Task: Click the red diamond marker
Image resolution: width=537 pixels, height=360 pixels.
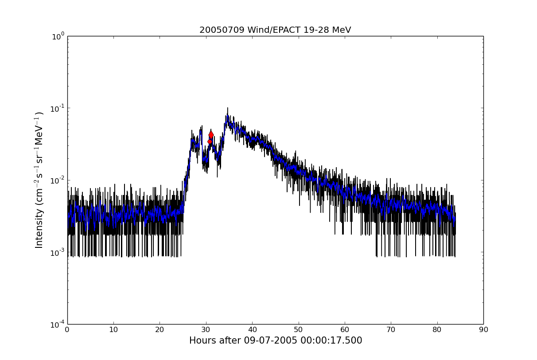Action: (211, 134)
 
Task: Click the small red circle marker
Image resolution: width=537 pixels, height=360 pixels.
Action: (210, 141)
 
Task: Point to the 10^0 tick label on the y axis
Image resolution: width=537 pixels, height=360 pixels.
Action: (59, 36)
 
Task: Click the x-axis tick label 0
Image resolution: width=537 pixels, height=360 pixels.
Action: (67, 330)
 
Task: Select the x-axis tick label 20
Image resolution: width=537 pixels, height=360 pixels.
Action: (160, 330)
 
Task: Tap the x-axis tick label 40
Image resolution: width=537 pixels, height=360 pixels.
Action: (252, 330)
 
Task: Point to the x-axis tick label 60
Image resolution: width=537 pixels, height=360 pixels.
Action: (345, 330)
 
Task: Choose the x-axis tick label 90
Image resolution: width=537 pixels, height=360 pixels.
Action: (483, 330)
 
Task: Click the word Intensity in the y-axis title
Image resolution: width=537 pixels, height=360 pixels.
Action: (39, 228)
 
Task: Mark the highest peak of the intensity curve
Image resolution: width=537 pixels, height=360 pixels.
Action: (228, 108)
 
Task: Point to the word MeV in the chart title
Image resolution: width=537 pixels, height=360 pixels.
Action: (342, 30)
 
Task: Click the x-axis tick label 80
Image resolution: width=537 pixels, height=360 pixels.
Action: (437, 330)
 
